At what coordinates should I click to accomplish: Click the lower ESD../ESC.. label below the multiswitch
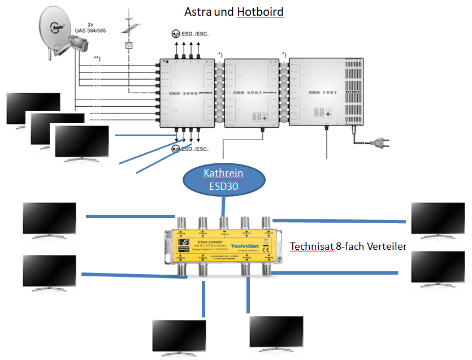[x=194, y=150]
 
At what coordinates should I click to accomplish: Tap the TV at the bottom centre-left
[x=179, y=337]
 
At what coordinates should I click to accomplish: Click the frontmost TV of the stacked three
[x=82, y=141]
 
